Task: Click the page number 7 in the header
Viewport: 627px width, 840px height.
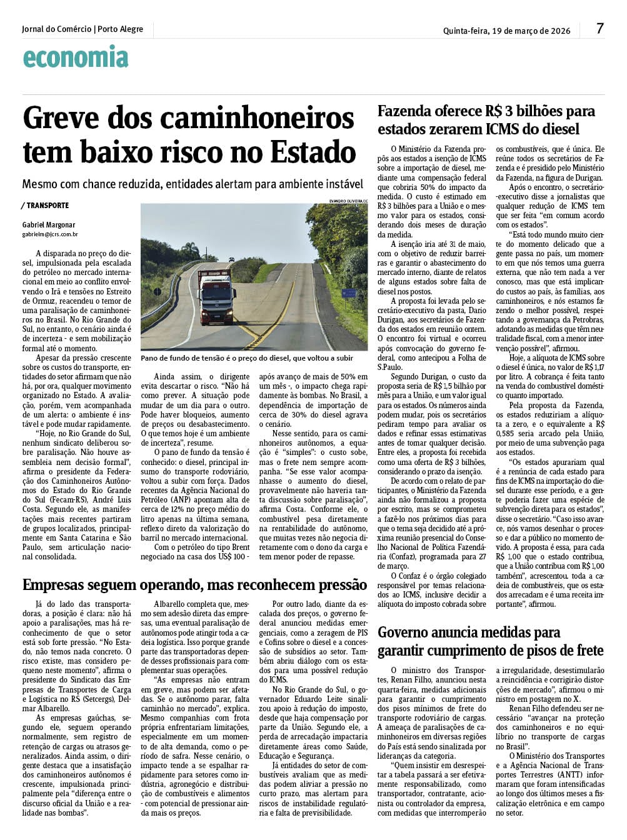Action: point(600,29)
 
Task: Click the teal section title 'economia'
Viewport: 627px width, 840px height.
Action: point(76,57)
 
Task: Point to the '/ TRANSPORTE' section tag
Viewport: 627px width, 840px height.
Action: point(45,206)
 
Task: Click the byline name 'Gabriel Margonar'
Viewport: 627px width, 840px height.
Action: point(49,225)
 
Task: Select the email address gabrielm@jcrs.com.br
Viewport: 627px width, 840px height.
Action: point(50,234)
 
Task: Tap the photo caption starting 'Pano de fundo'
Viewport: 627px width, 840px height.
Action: point(247,358)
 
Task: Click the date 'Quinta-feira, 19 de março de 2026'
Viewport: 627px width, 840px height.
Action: point(506,31)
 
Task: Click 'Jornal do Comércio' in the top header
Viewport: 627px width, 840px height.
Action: point(56,29)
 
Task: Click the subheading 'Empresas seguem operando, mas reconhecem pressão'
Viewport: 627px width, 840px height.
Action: point(194,585)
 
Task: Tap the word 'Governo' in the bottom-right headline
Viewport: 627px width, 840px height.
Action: point(409,632)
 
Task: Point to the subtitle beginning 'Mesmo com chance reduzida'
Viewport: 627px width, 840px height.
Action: point(193,184)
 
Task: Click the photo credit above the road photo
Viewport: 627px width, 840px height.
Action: point(348,201)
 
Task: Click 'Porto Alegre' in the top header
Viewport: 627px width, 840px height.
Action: point(121,29)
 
